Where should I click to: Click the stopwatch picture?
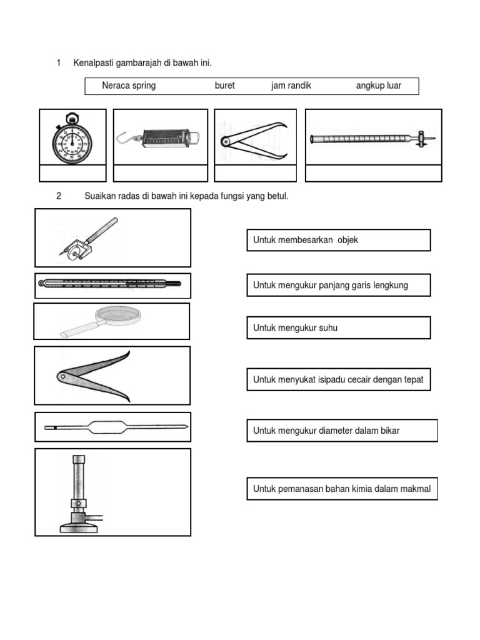click(72, 137)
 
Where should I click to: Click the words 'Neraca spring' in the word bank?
click(129, 86)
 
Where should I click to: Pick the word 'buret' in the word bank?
click(224, 86)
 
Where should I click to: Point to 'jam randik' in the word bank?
click(291, 86)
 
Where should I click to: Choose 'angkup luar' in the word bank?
click(379, 86)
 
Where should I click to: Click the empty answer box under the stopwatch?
click(72, 173)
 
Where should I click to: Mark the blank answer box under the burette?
click(373, 173)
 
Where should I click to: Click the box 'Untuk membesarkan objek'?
click(338, 240)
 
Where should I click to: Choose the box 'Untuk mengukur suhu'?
click(338, 327)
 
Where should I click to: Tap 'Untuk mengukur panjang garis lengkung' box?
click(338, 285)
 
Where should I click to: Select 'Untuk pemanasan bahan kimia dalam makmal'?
click(342, 489)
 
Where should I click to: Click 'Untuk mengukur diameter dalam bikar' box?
click(342, 430)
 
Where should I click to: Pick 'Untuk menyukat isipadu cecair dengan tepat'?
click(338, 379)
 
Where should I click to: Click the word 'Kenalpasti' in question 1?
click(94, 62)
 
